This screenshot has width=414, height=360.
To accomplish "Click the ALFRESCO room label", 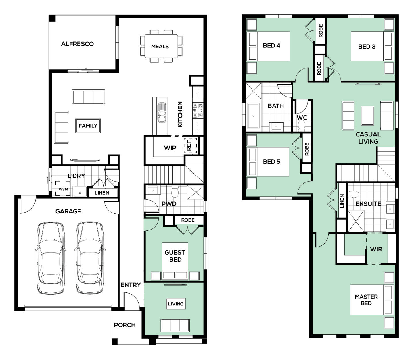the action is (x=77, y=44).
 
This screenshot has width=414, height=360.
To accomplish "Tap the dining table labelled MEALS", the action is (x=161, y=46).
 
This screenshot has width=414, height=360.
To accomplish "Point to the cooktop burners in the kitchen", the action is (x=198, y=111).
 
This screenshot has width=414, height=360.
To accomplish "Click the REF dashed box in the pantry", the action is (x=190, y=146).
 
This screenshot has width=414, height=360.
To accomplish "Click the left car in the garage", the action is (x=51, y=258).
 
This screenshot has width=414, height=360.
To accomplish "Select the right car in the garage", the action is (x=90, y=258).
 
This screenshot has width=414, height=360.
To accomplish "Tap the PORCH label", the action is (x=125, y=325).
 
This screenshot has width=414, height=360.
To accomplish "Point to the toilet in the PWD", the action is (x=175, y=191).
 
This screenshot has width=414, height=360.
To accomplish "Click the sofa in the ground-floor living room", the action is (x=175, y=326).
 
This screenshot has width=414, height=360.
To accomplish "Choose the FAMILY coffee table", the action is (x=88, y=126).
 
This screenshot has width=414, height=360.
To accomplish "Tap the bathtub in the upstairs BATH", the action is (x=253, y=115).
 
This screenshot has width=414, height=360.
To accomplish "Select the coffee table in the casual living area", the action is (x=367, y=115).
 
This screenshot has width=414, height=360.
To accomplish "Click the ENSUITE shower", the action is (x=356, y=221).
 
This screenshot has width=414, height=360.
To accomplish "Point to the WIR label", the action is (x=376, y=249).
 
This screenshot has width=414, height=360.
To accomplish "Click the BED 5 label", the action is (x=272, y=162).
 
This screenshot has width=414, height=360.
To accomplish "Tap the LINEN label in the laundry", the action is (x=102, y=193).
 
